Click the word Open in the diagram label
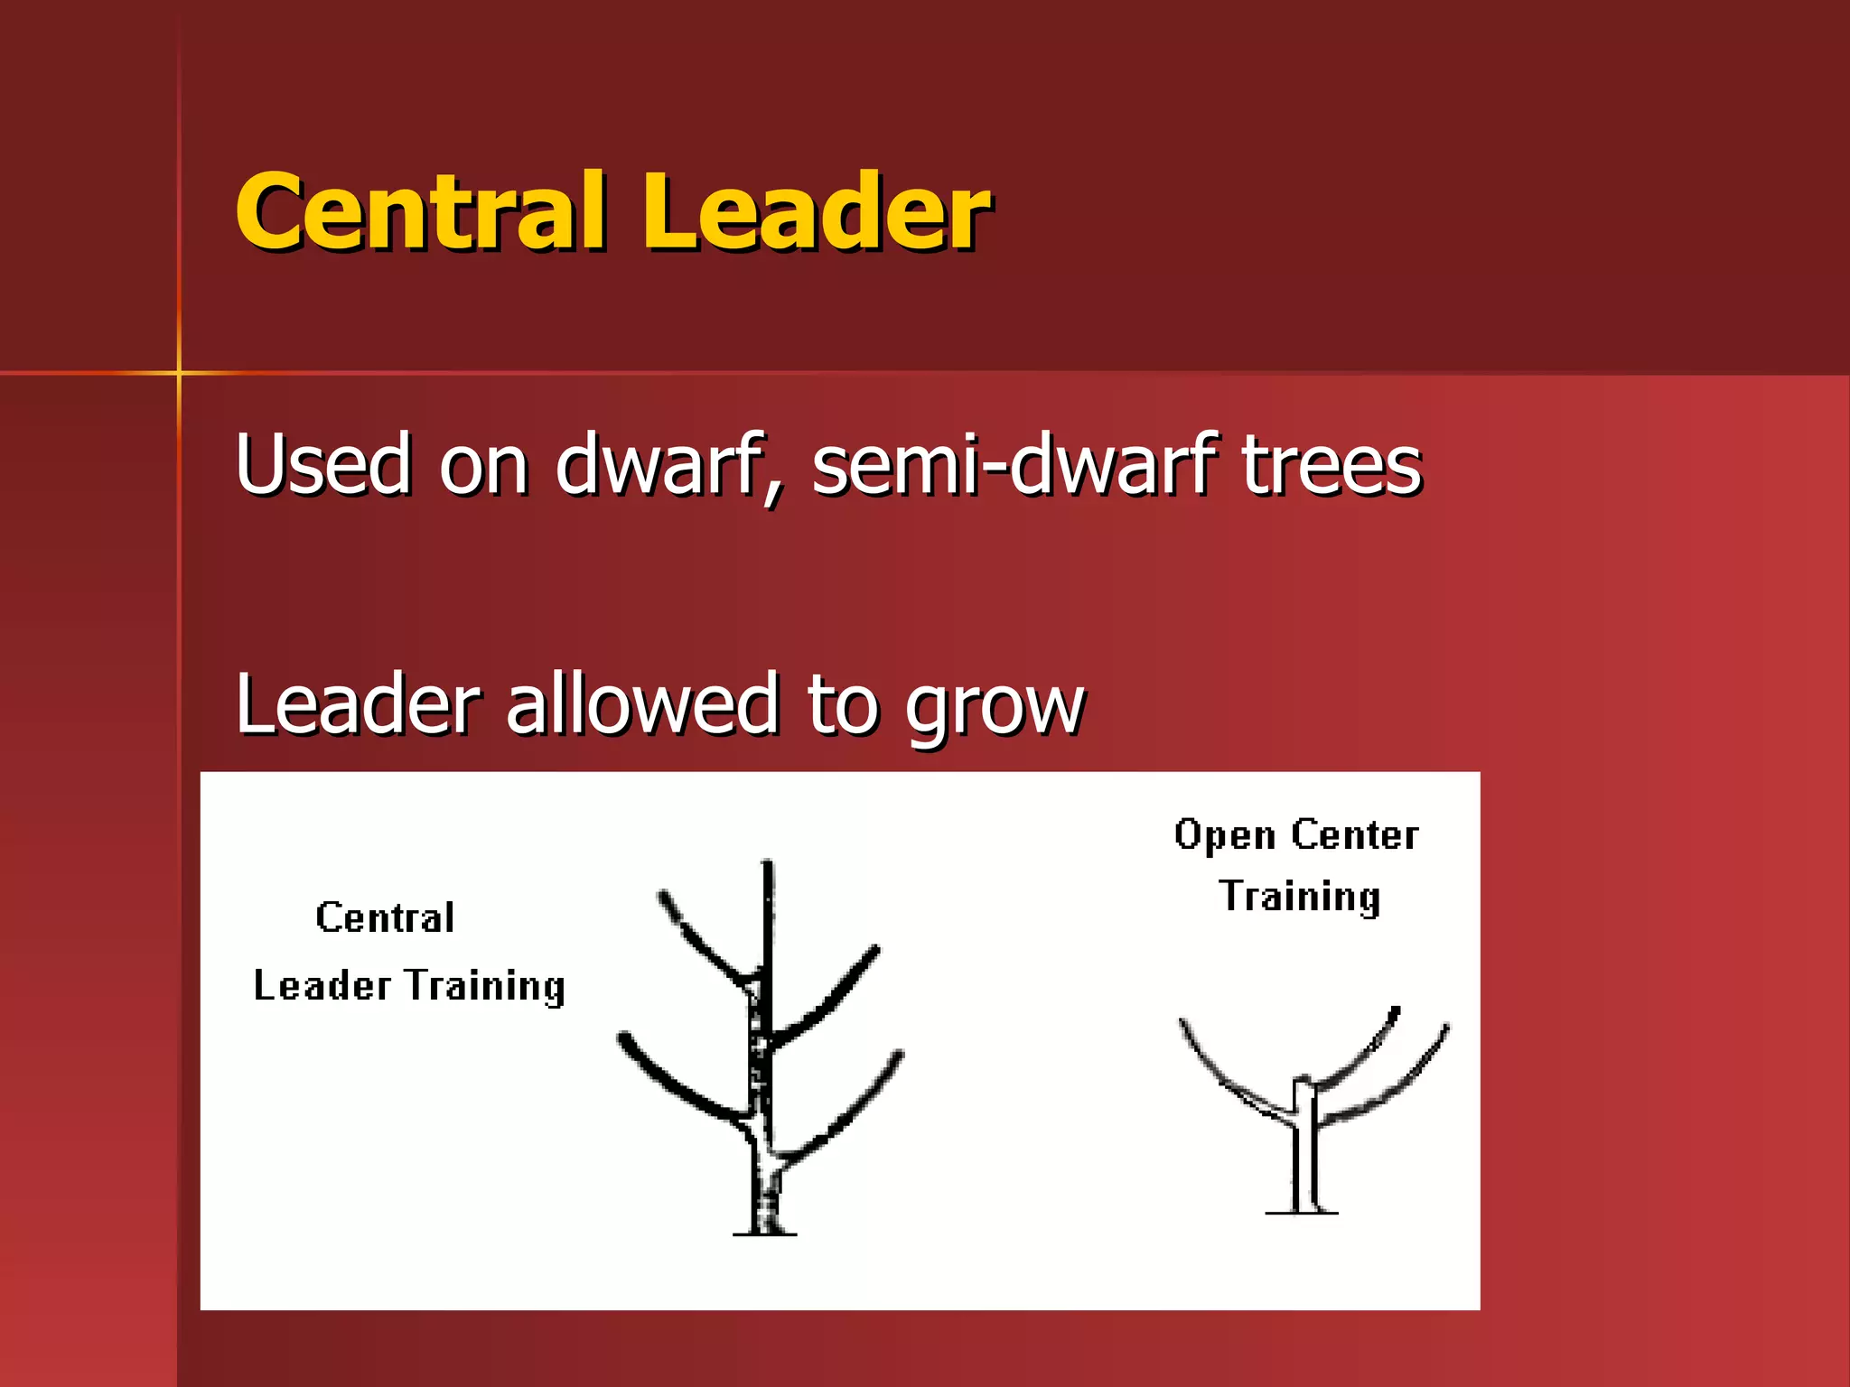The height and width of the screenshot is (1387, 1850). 1224,835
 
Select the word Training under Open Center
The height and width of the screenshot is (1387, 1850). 1299,897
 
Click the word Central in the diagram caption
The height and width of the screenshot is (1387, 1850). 385,918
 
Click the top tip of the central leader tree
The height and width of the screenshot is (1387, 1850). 767,865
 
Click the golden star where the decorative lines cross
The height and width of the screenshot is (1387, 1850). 179,372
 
